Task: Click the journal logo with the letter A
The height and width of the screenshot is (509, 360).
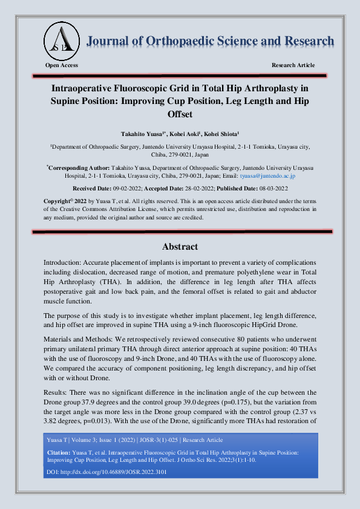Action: [61, 38]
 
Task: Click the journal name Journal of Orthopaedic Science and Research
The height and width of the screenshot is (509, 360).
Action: [211, 41]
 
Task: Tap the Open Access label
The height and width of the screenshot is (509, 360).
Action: [62, 65]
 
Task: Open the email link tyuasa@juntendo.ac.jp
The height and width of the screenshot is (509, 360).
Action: [267, 176]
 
